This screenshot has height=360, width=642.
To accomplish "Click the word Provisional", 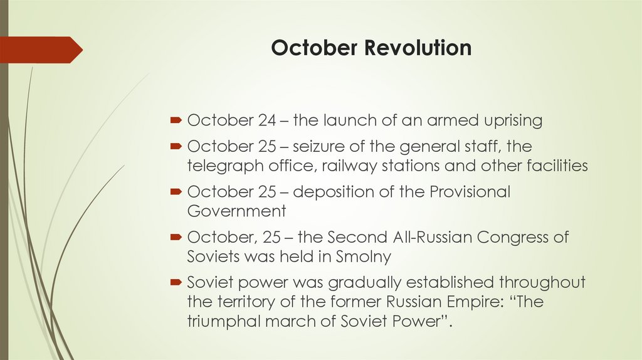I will tap(470, 192).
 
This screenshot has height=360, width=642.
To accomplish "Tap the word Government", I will tap(236, 211).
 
